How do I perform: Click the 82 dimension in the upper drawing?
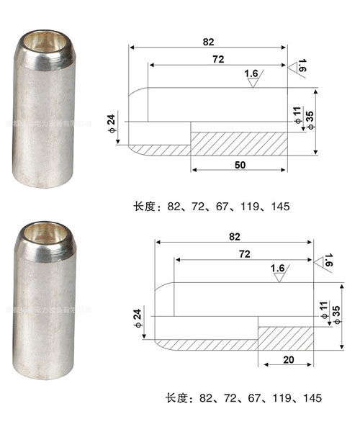[208, 42]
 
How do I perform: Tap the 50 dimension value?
[240, 166]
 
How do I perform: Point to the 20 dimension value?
[287, 359]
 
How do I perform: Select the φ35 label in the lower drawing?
[336, 313]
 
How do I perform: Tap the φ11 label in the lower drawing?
[325, 310]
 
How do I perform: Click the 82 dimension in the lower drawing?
[234, 236]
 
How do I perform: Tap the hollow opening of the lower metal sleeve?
[47, 234]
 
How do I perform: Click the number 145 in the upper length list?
[281, 207]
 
